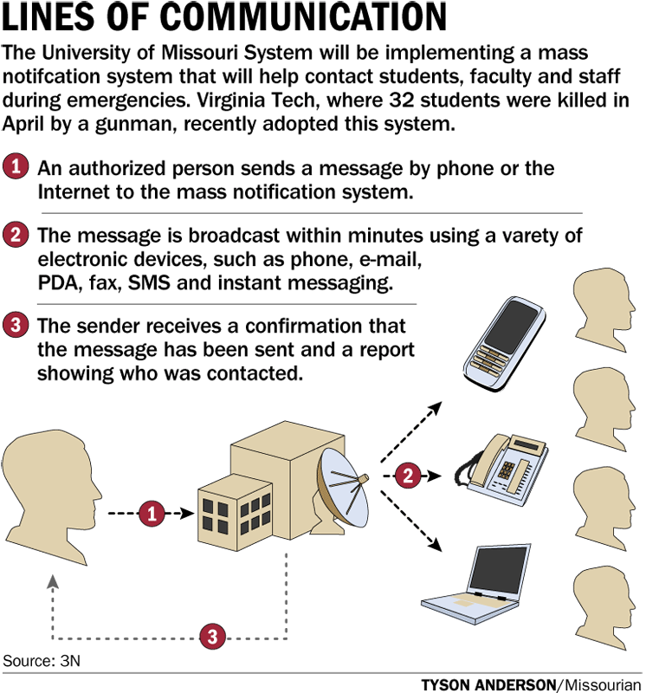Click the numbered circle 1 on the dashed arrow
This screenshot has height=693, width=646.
point(152,514)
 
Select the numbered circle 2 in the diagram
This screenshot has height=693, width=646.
point(408,475)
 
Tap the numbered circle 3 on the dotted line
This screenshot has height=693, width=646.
point(213,637)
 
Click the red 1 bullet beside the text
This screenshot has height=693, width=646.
point(16,166)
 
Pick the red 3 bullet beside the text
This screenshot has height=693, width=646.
point(16,327)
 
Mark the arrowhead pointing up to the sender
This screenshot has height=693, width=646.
point(54,580)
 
